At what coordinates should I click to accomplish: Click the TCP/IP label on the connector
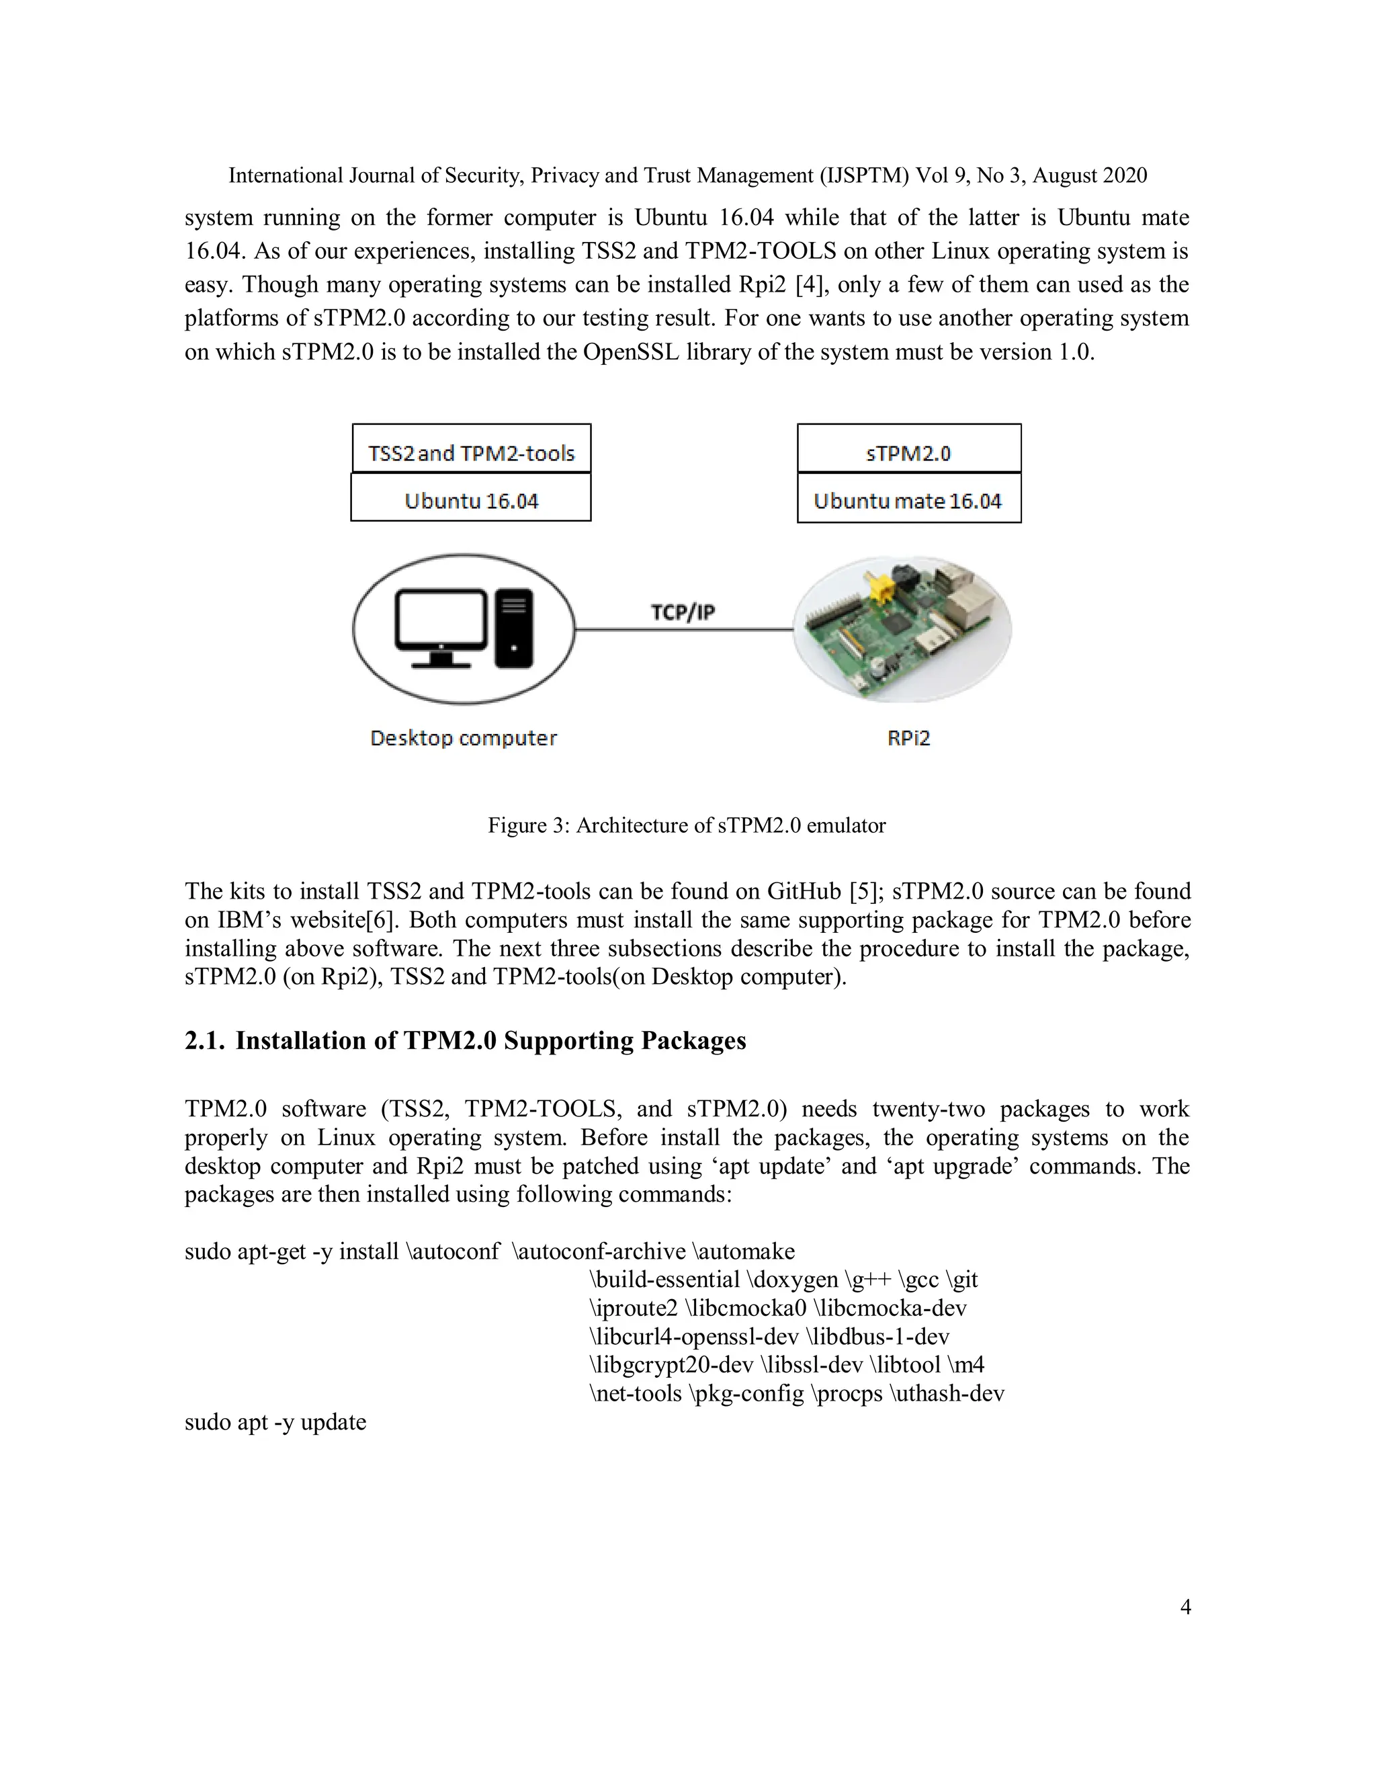click(x=683, y=612)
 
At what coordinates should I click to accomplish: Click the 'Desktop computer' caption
click(x=463, y=738)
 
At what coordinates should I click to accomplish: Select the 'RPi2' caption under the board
click(x=908, y=738)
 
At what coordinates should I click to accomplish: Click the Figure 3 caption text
click(x=687, y=825)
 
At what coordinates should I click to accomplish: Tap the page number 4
click(x=1185, y=1606)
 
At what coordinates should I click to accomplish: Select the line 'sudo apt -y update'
click(x=275, y=1422)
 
